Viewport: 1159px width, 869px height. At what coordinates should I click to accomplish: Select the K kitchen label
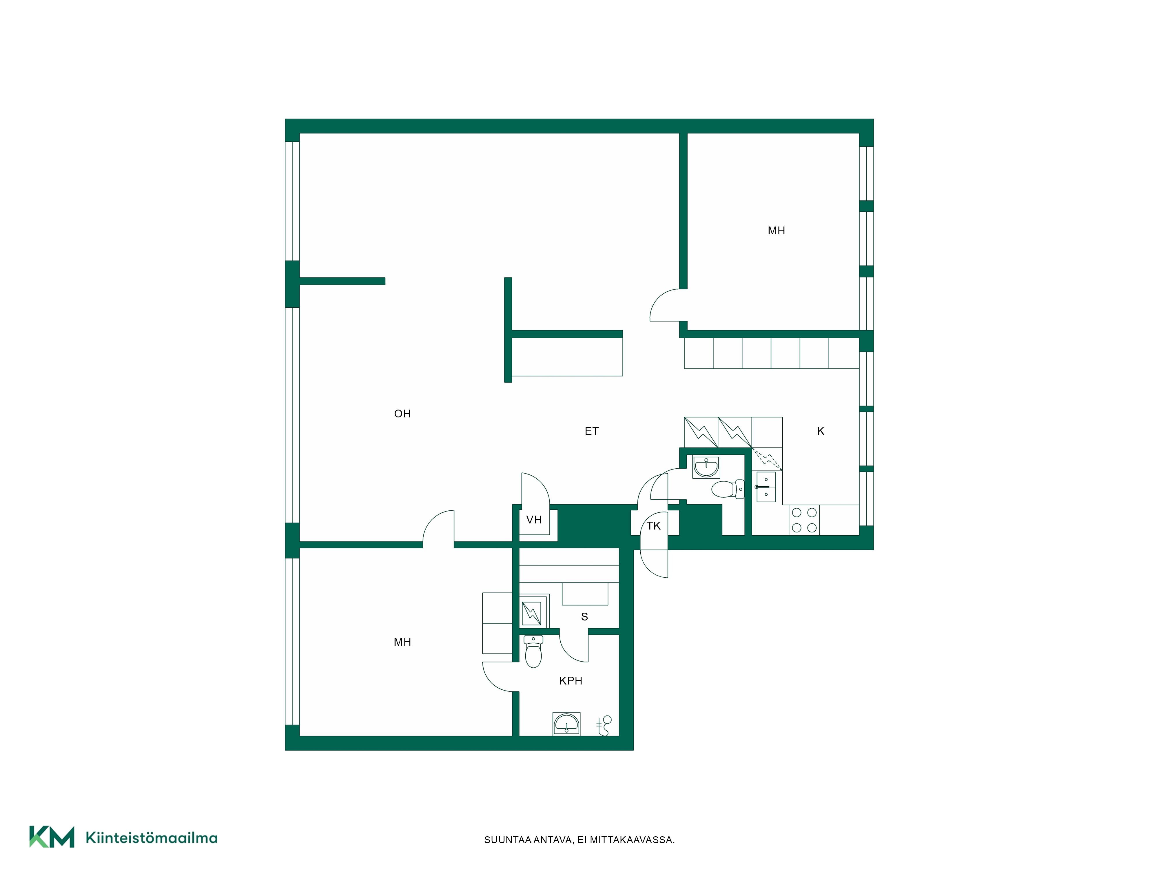[821, 431]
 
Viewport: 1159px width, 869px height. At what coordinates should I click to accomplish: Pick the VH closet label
[534, 520]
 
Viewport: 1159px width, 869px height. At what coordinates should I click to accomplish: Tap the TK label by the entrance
[653, 526]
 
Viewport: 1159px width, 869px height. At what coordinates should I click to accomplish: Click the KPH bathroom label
[571, 680]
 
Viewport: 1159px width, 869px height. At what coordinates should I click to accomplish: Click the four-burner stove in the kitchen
[804, 520]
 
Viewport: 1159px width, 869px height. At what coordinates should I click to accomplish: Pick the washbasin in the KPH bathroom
[566, 724]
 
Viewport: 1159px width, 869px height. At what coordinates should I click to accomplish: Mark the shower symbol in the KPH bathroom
[604, 726]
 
